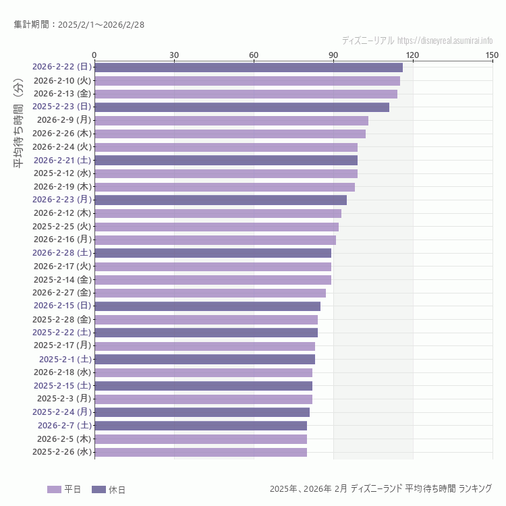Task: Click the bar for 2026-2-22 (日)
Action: (248, 67)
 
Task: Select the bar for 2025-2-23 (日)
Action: (242, 107)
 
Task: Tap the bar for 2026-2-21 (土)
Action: (226, 160)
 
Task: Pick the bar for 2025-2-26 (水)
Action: (200, 452)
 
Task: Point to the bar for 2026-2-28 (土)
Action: (213, 253)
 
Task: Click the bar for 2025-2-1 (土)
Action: (204, 359)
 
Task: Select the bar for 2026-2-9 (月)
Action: (231, 120)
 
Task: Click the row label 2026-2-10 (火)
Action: (62, 80)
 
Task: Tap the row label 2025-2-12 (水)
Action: (62, 173)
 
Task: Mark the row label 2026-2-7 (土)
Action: (64, 426)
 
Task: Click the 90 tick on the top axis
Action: (333, 55)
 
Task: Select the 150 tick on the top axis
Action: (492, 55)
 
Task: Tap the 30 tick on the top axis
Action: (174, 55)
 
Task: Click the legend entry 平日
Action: (64, 489)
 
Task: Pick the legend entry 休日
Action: (108, 489)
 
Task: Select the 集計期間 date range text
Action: (79, 25)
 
